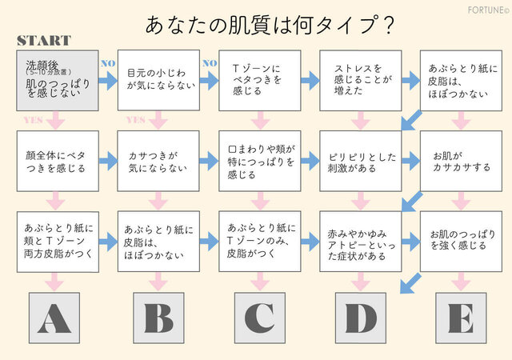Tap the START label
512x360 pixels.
pos(44,41)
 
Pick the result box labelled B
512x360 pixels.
pos(158,318)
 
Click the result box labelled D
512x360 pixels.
pos(361,318)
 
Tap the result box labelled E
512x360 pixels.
pos(461,318)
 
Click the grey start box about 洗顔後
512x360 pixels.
pos(57,80)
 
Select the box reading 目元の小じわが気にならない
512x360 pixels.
pos(158,80)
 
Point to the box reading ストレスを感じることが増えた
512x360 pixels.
pos(361,80)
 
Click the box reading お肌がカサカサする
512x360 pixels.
pos(462,161)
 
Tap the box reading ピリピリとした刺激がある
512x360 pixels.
pos(361,161)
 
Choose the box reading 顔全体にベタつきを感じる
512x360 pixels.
pos(57,161)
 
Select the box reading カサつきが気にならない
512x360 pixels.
pos(158,161)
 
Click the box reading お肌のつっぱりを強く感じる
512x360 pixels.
pos(462,241)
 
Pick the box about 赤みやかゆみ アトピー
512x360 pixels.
pos(361,241)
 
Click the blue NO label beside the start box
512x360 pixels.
pos(107,62)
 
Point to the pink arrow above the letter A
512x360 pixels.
pos(54,282)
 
